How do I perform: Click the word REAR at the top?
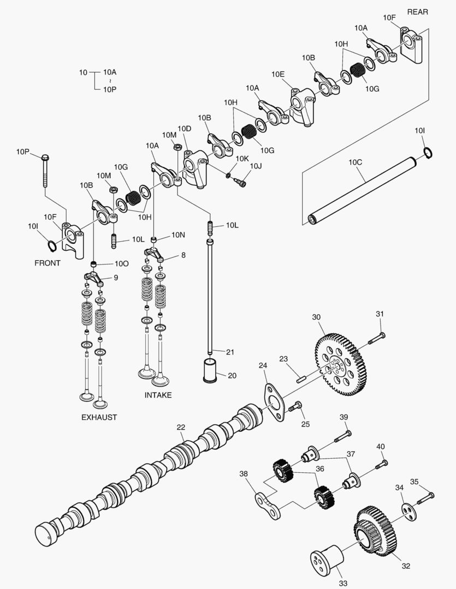pyautogui.click(x=417, y=11)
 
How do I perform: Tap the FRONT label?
pyautogui.click(x=48, y=263)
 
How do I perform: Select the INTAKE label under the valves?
pyautogui.click(x=158, y=395)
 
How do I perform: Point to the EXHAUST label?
pyautogui.click(x=99, y=417)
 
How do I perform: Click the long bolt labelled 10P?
pyautogui.click(x=45, y=170)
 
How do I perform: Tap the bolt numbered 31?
pyautogui.click(x=376, y=338)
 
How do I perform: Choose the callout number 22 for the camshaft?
pyautogui.click(x=181, y=427)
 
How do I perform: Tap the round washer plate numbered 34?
pyautogui.click(x=408, y=512)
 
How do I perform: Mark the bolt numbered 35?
pyautogui.click(x=425, y=498)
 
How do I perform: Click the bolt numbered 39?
pyautogui.click(x=342, y=437)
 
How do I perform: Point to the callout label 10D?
pyautogui.click(x=185, y=129)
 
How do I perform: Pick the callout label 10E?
pyautogui.click(x=278, y=74)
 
